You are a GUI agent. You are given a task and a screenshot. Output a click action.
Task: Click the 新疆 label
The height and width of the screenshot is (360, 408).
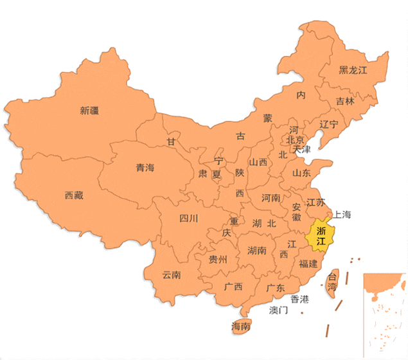[90, 111]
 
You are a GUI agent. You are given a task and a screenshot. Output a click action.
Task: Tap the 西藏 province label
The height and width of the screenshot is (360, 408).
[74, 195]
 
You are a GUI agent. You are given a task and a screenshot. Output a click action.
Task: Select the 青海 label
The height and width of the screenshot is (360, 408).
[145, 168]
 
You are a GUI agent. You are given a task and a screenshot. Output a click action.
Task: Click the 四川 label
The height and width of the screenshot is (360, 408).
[188, 218]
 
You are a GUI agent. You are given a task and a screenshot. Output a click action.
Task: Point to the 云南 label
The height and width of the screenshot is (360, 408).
[171, 275]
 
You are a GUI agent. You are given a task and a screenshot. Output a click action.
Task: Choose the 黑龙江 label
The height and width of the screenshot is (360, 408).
[353, 71]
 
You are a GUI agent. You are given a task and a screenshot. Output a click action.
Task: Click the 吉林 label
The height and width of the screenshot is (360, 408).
[345, 102]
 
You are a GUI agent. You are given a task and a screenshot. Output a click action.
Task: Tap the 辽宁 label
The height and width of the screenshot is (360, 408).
[329, 124]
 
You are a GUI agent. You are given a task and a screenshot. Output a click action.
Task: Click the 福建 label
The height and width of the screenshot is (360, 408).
[308, 264]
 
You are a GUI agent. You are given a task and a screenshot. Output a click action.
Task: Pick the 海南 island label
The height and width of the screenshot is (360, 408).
[240, 327]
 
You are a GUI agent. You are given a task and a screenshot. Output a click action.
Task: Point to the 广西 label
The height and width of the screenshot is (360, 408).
[233, 287]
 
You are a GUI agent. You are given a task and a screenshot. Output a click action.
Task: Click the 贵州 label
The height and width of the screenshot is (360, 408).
[218, 260]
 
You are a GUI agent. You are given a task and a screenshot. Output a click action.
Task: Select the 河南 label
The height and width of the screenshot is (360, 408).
[271, 198]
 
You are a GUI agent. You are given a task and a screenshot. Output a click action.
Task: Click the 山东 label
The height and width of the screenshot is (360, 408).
[301, 173]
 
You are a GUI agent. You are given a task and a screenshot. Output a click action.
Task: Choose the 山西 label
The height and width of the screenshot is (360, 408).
[258, 163]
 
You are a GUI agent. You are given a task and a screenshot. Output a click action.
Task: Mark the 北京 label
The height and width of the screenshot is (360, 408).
[295, 139]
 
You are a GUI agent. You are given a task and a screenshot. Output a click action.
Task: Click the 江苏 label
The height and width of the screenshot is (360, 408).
[315, 203]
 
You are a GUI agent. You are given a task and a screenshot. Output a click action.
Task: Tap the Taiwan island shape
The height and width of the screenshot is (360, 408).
[332, 282]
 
